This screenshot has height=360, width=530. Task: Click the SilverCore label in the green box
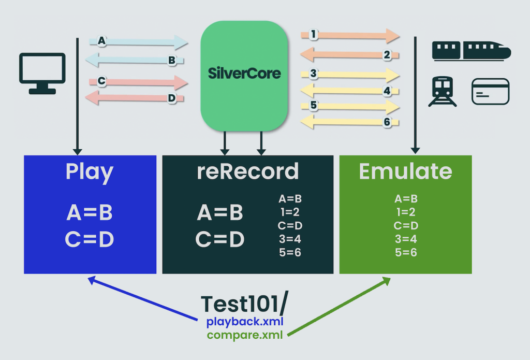(244, 73)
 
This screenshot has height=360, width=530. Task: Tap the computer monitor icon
(42, 74)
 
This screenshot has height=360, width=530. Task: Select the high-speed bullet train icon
(472, 51)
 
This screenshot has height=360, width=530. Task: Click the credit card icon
(490, 91)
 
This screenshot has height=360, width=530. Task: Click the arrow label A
(101, 41)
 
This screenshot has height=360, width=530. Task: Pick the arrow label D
(172, 98)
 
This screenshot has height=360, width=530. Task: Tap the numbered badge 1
(313, 34)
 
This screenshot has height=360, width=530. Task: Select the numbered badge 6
(387, 122)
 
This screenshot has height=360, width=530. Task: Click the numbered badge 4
(387, 91)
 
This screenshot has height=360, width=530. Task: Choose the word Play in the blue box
(90, 172)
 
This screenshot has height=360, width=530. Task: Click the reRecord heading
(248, 171)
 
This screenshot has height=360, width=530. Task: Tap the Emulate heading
(405, 171)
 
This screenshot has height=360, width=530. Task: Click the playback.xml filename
(245, 322)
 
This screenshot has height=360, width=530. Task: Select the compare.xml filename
(245, 335)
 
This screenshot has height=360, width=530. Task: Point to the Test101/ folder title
(244, 303)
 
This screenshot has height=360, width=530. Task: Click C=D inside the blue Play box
(90, 239)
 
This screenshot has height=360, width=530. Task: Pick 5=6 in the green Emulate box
(406, 252)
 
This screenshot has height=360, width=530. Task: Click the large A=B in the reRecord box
(220, 213)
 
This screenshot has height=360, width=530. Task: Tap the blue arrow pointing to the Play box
(143, 298)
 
